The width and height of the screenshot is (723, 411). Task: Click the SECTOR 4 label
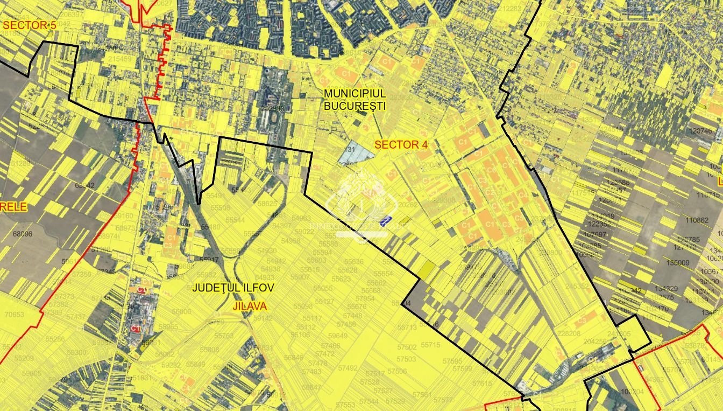401,144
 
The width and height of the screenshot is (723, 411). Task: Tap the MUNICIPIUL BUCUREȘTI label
355,99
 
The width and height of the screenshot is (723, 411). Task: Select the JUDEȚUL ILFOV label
233,288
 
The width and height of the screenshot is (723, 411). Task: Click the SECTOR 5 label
29,25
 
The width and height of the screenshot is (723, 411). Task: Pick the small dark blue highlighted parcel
385,221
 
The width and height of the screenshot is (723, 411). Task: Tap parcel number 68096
23,234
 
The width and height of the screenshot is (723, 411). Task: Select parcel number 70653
15,315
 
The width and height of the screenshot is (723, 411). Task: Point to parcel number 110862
697,220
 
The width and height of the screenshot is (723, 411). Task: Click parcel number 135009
678,263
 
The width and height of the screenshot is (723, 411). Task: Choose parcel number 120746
700,131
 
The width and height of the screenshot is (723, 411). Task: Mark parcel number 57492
348,368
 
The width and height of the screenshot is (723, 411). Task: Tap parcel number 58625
267,204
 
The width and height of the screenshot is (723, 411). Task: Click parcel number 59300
76,353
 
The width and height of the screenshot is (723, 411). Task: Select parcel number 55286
55,339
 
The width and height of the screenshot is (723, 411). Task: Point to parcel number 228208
569,333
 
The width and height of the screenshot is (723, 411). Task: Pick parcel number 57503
406,359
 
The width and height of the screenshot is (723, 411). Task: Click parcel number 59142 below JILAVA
263,318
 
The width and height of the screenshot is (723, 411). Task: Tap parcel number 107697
595,234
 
